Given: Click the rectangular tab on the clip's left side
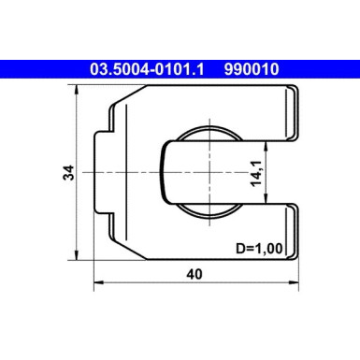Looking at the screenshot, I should pyautogui.click(x=105, y=174).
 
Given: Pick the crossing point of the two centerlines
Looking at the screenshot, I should pyautogui.click(x=200, y=173).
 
